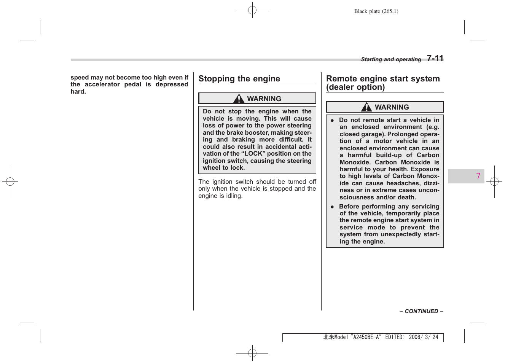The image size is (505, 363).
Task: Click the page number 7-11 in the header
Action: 435,58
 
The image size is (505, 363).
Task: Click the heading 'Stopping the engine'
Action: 239,79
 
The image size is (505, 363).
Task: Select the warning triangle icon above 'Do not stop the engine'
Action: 239,99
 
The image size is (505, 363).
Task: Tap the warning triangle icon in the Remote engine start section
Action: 366,107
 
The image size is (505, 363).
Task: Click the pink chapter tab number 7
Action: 478,176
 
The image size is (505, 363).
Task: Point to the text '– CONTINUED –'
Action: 421,311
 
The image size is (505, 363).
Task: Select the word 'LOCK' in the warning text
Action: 253,154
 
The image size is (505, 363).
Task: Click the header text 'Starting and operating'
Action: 391,59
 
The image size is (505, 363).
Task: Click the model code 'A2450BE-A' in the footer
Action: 366,337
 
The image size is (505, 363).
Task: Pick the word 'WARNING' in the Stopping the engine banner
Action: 264,99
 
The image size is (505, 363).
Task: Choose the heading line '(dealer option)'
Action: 355,87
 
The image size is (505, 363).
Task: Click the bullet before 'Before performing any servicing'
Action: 332,207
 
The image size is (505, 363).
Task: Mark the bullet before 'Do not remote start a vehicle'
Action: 332,120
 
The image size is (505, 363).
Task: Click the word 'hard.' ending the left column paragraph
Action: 78,92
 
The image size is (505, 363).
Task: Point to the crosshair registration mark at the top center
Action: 252,10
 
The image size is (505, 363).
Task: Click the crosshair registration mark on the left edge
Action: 10,181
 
